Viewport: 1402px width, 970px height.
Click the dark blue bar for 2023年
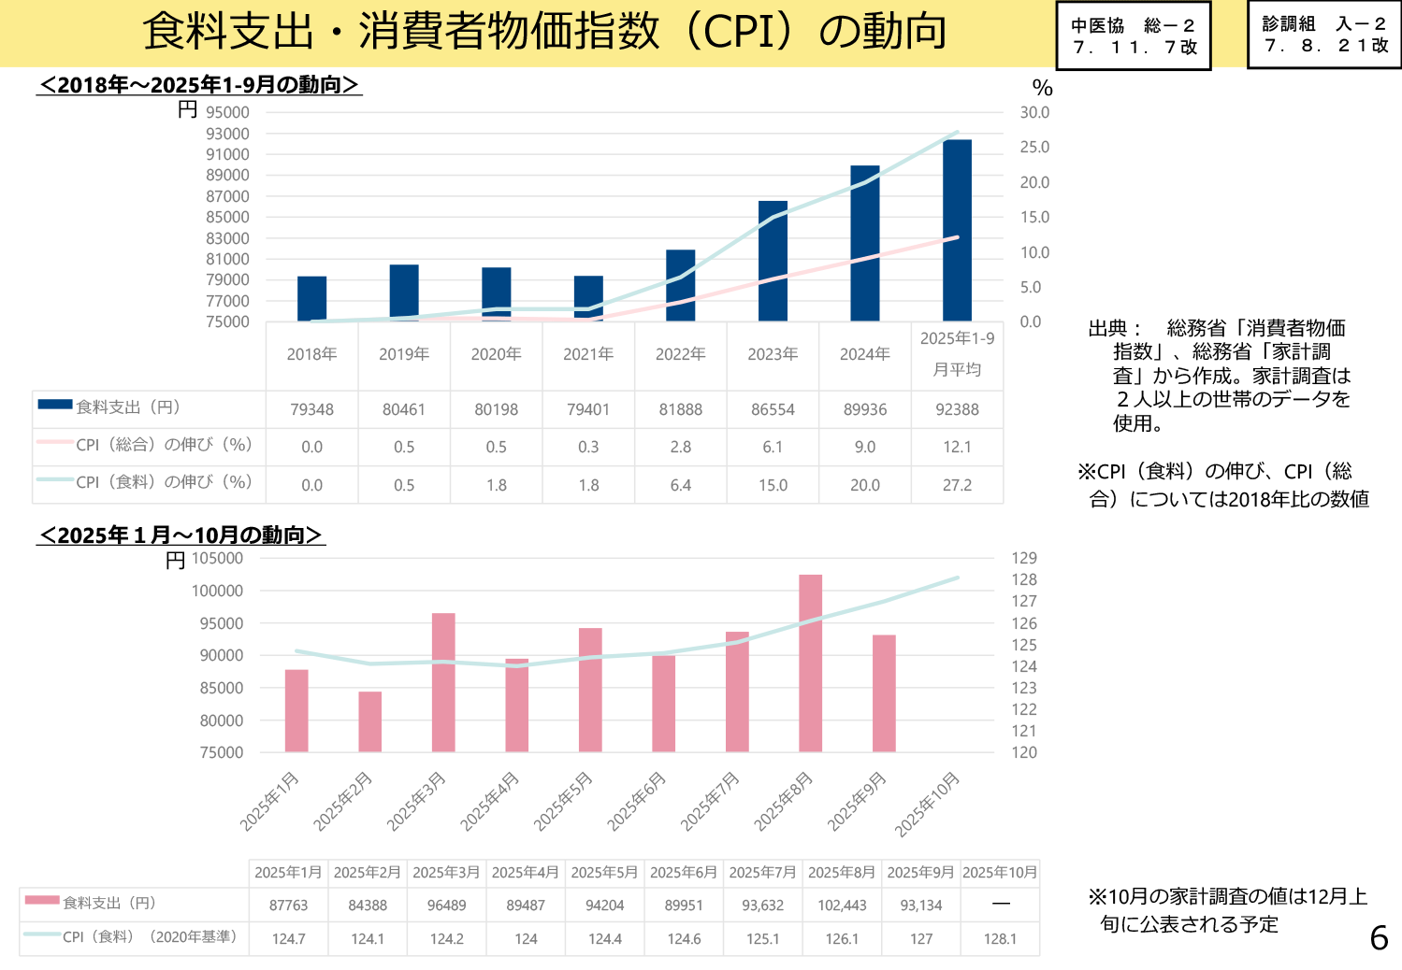point(773,262)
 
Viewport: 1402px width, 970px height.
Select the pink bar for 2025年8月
point(810,663)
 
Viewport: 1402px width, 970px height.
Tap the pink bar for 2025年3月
point(443,682)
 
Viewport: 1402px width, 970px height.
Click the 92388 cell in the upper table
point(957,409)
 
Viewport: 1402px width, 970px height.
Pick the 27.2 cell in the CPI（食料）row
point(957,485)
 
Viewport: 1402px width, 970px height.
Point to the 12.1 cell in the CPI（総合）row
point(957,447)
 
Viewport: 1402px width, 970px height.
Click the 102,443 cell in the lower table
point(842,906)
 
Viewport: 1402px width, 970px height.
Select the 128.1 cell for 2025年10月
point(1000,939)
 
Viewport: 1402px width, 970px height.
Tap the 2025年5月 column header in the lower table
point(604,873)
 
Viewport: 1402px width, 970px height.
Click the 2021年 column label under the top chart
point(588,354)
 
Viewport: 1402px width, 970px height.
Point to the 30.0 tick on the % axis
point(1034,112)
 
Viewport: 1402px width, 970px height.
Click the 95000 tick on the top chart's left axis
point(228,112)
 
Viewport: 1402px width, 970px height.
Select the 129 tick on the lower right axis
point(1024,558)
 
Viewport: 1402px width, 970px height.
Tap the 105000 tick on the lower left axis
point(217,558)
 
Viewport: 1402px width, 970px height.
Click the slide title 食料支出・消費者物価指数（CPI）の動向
point(544,32)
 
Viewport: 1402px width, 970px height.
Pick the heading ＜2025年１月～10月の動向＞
point(181,535)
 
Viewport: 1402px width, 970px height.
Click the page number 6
point(1379,937)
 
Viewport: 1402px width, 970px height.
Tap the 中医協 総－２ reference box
point(1134,36)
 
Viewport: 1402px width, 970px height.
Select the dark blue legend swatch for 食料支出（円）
point(55,405)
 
